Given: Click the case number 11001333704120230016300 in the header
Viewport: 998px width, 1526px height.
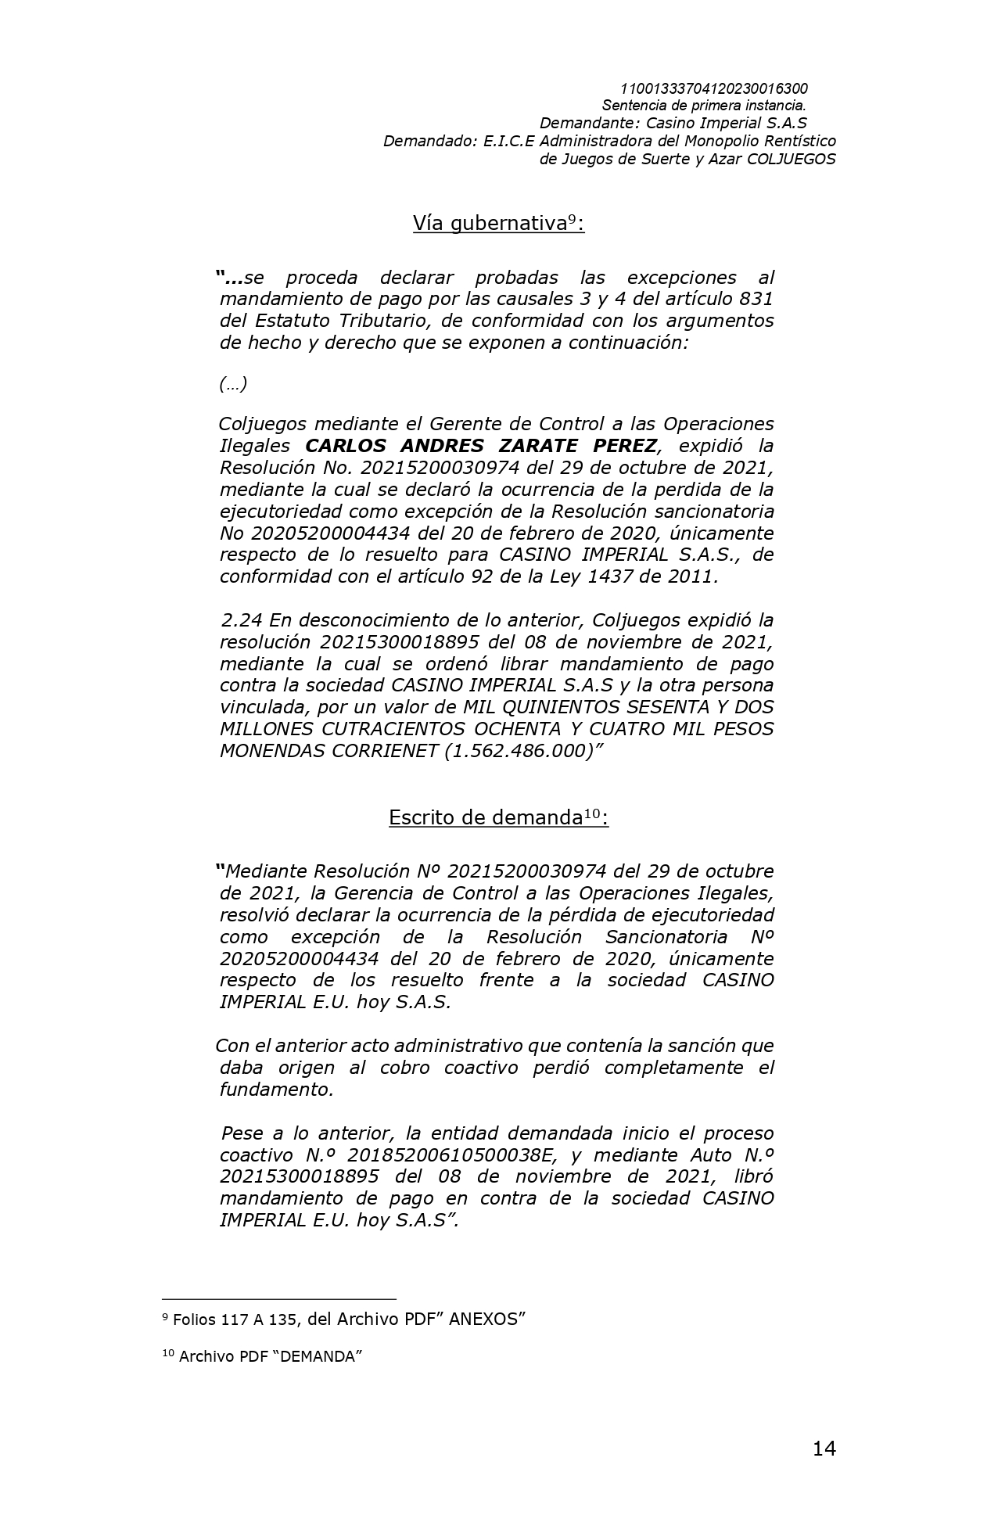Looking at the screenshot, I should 713,88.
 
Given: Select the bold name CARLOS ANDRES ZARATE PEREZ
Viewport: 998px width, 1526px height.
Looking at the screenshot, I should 481,446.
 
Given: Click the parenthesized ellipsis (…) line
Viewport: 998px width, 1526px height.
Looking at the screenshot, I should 233,384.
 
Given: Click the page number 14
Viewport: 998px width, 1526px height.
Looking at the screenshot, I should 824,1449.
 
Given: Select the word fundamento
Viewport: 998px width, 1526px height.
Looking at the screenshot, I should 276,1090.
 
